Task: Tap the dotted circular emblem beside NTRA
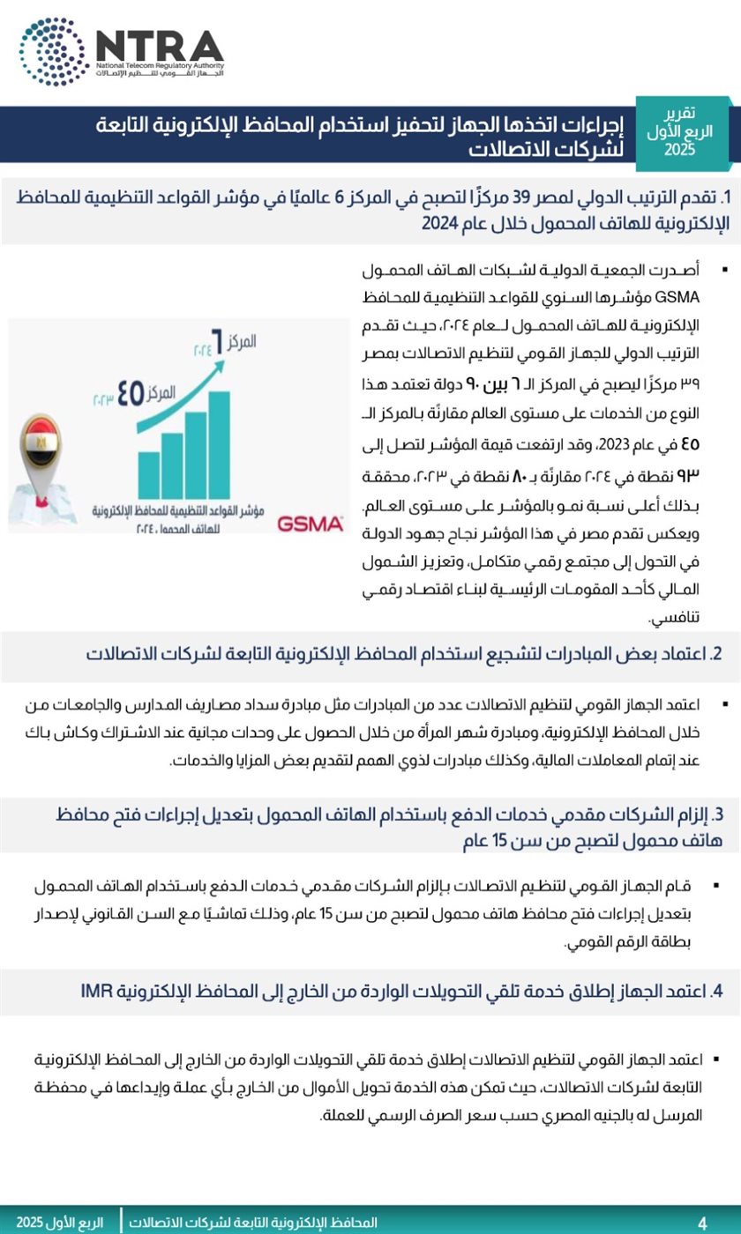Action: [x=52, y=51]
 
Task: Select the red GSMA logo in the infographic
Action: [x=310, y=524]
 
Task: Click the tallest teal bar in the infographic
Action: [x=219, y=446]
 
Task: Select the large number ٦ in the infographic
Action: [x=213, y=337]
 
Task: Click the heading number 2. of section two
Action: [x=717, y=654]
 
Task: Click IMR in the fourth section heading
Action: [x=97, y=991]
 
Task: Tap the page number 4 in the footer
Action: [x=702, y=1223]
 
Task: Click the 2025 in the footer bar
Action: [x=34, y=1223]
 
